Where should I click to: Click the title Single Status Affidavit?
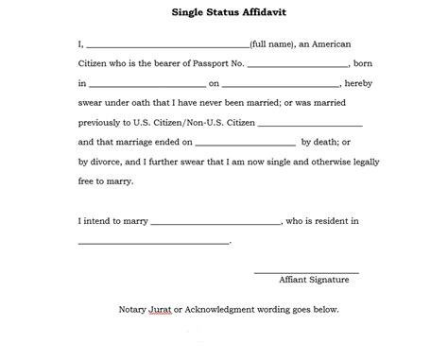[223, 13]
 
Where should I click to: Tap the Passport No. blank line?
[297, 65]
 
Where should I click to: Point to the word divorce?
[108, 162]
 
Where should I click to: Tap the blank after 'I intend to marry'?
[215, 224]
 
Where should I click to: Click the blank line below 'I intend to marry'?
[153, 244]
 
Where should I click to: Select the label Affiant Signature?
[314, 281]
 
